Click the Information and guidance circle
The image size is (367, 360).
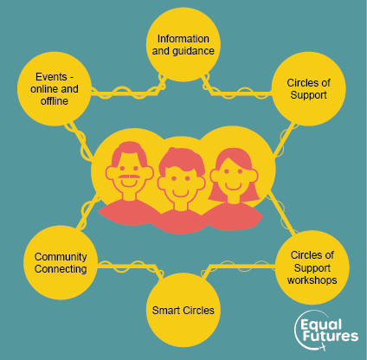183,45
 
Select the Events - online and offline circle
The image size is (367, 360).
55,89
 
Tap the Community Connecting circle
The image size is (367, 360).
61,262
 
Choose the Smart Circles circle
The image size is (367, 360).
183,310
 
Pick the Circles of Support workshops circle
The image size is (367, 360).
312,267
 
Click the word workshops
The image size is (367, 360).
312,280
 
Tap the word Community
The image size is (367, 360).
61,257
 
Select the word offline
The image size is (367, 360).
55,101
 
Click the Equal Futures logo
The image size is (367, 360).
326,331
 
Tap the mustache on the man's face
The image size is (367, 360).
129,177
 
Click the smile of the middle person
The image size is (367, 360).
181,193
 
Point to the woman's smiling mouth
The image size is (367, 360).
233,186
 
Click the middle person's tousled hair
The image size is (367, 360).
183,160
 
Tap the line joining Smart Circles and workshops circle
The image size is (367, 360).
238,266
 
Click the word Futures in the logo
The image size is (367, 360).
331,337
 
